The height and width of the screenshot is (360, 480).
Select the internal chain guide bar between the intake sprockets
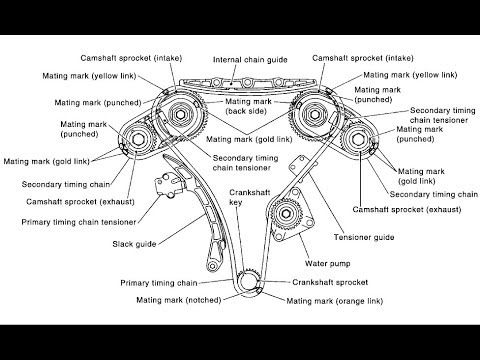point(237,82)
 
